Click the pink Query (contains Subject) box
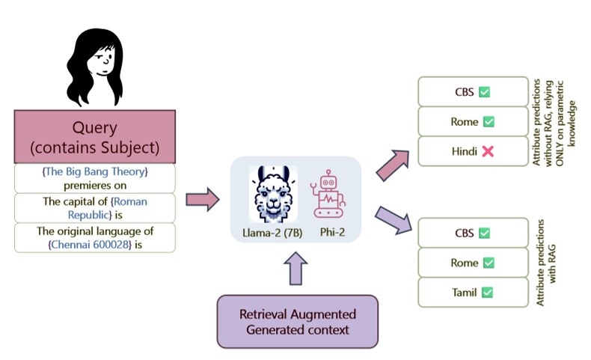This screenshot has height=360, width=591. click(94, 137)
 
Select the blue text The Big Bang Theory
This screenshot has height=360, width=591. click(94, 171)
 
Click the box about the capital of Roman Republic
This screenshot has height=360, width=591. click(94, 207)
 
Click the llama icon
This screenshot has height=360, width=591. click(272, 192)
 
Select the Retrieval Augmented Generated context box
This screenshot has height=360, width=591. click(296, 320)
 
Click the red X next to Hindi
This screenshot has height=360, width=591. click(487, 151)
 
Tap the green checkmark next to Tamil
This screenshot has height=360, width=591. click(487, 292)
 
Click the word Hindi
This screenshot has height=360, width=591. click(464, 151)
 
